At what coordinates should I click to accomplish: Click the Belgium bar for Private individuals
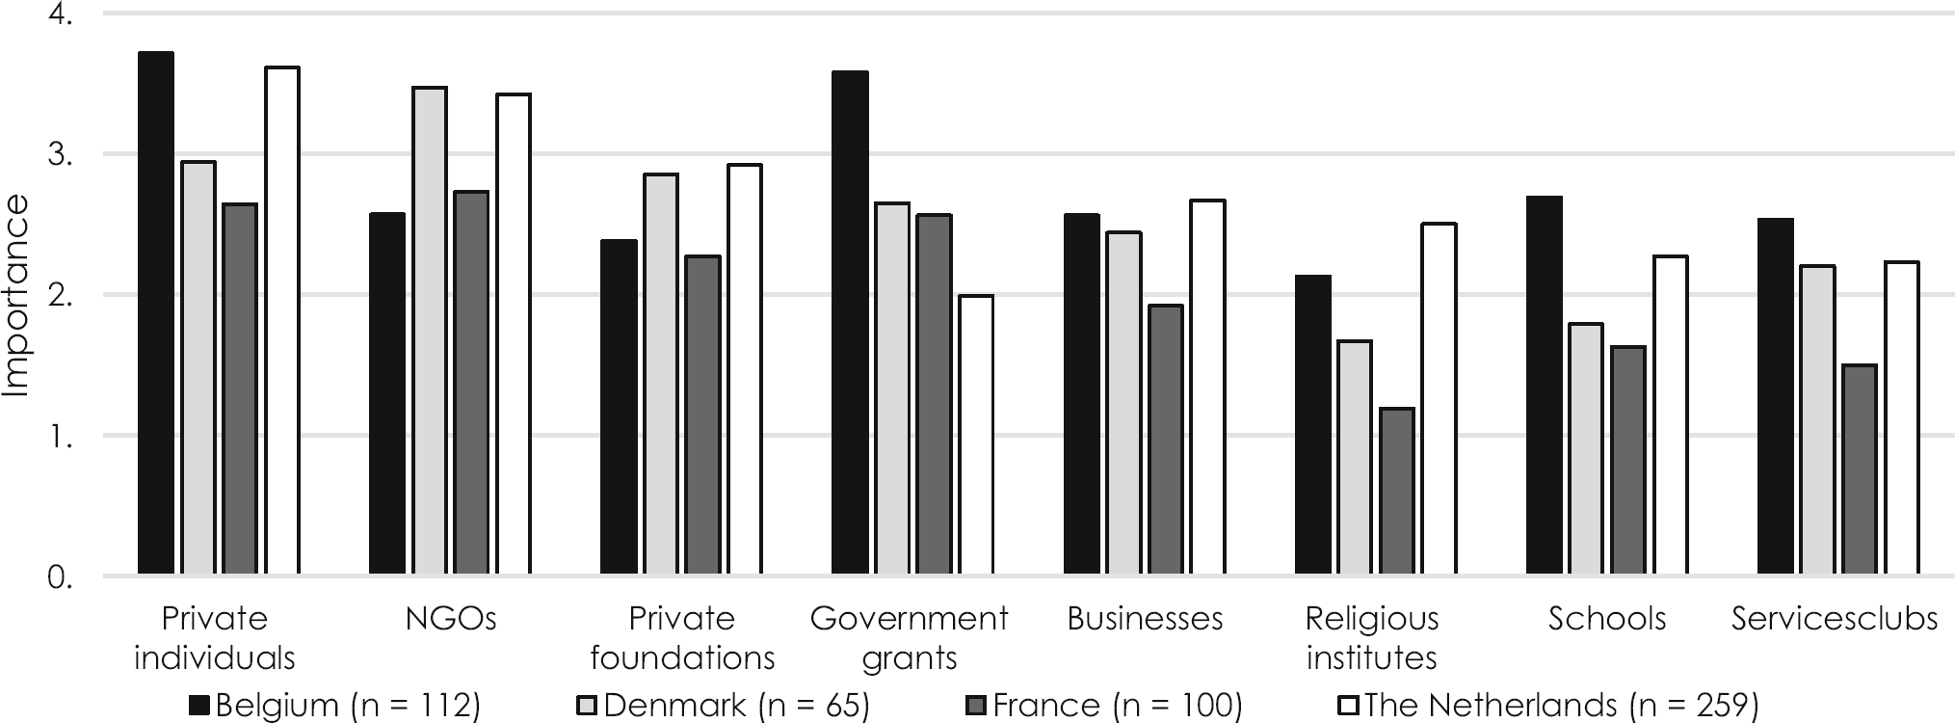tap(156, 313)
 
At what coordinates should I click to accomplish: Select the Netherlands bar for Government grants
tap(976, 436)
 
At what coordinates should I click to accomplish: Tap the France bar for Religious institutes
tap(1396, 492)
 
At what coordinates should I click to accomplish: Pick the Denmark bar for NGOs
tap(430, 332)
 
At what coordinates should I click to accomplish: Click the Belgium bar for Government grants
tap(850, 323)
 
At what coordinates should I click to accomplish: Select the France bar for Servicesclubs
tap(1859, 470)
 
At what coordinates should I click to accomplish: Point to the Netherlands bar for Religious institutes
tap(1439, 400)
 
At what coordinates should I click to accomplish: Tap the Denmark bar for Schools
tap(1585, 449)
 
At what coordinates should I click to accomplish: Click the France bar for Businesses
tap(1165, 441)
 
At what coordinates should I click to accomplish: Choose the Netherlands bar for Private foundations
tap(745, 370)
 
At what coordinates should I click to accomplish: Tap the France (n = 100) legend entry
tap(1103, 706)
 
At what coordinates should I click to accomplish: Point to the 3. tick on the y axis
tap(60, 155)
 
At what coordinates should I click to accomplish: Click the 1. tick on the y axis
tap(60, 437)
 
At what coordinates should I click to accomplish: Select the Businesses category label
tap(1145, 619)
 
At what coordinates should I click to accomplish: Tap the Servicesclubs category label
tap(1834, 619)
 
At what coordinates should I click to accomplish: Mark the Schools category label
tap(1606, 619)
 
